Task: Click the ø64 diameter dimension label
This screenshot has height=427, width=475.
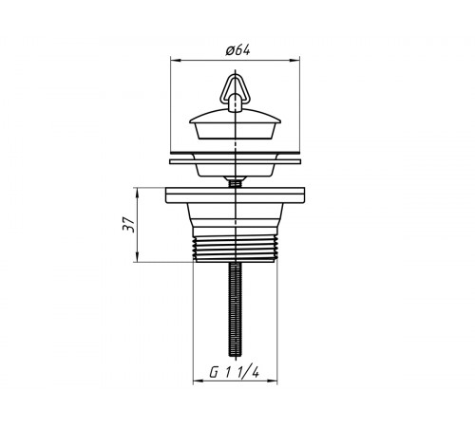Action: (237, 50)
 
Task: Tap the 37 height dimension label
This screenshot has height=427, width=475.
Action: (129, 225)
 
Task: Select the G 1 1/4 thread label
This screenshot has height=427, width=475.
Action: (235, 373)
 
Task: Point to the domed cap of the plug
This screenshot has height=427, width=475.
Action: (235, 116)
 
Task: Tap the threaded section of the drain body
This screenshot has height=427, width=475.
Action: (235, 249)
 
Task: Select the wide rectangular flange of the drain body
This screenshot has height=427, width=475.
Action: (235, 195)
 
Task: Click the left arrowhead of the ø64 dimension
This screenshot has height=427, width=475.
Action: (174, 60)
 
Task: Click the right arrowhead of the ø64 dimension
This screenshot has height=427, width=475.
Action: (296, 60)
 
